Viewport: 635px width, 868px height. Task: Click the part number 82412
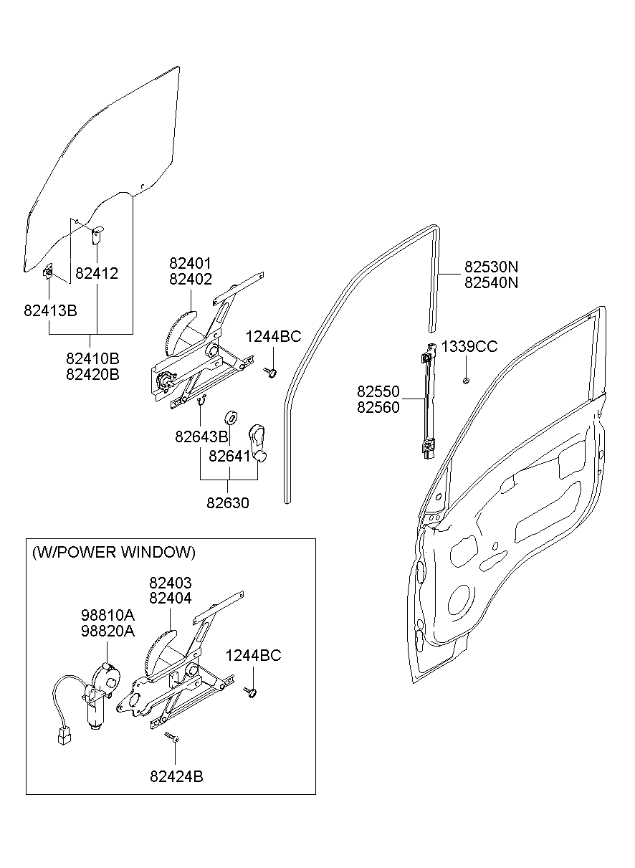[97, 273]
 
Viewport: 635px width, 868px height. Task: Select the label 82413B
[50, 310]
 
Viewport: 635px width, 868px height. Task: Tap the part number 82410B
[92, 358]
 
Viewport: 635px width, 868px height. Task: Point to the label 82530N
[491, 267]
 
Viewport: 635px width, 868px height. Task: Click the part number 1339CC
[469, 346]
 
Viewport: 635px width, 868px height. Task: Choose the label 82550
[378, 391]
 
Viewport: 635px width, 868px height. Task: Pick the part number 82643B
[201, 437]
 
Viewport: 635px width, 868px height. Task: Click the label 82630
[228, 503]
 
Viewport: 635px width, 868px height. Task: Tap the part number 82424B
[177, 776]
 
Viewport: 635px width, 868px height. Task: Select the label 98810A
[108, 615]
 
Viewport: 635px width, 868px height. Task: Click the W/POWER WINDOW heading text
[114, 552]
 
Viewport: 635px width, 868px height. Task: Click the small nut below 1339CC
[466, 381]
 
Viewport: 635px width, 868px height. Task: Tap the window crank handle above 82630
[257, 444]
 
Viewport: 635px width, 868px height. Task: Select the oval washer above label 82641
[231, 418]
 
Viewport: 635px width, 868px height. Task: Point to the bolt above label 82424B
[171, 737]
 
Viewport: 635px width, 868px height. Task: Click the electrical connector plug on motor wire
[64, 736]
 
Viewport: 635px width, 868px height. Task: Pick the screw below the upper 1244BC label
[271, 373]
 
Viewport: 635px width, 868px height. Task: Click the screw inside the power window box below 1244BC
[251, 692]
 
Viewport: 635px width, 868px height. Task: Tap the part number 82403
[171, 583]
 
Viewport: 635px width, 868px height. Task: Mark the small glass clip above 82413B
[48, 272]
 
